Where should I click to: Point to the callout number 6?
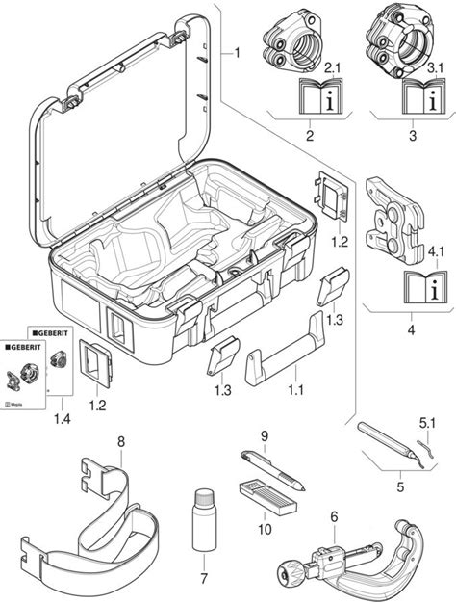(x=334, y=516)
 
